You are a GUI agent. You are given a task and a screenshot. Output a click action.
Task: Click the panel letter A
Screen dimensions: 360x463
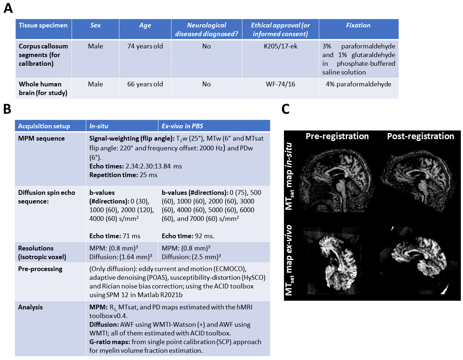(8, 8)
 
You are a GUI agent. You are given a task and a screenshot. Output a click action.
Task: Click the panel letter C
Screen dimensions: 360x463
(285, 109)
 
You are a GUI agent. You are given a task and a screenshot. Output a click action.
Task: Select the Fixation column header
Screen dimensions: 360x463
(358, 25)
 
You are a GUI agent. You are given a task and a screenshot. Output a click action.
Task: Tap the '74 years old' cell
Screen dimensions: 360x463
(145, 46)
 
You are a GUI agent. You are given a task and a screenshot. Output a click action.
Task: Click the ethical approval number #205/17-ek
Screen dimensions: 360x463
(280, 46)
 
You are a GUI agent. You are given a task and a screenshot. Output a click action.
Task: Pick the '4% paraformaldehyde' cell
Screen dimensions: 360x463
(358, 84)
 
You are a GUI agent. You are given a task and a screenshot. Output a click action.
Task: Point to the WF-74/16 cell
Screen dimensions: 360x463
(280, 84)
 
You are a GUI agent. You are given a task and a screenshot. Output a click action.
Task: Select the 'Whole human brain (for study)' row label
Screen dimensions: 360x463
(43, 89)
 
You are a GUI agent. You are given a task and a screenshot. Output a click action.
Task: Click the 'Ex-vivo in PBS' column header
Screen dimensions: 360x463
(182, 126)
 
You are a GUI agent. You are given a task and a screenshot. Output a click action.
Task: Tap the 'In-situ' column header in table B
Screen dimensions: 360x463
(99, 126)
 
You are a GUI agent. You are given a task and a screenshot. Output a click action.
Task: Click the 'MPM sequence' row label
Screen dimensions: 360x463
(41, 138)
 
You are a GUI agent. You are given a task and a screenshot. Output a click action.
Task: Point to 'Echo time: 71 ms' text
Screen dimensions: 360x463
(115, 236)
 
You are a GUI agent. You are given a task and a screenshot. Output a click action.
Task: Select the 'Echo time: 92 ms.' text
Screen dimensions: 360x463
(188, 236)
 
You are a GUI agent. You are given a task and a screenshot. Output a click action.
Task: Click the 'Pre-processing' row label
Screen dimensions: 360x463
(40, 269)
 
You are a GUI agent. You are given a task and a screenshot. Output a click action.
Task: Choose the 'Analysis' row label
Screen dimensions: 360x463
(30, 307)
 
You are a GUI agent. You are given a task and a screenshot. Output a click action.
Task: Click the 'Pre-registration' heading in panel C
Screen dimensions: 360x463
(337, 136)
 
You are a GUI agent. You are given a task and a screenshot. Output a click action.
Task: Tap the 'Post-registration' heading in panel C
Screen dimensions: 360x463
(420, 136)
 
